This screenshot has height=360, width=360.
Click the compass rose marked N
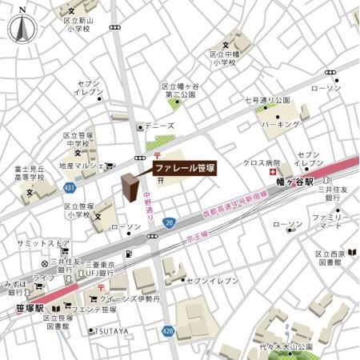(x=22, y=28)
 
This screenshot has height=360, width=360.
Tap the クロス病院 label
(x=261, y=162)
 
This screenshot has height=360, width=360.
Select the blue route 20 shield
(x=168, y=222)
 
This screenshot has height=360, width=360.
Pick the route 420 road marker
(x=166, y=328)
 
